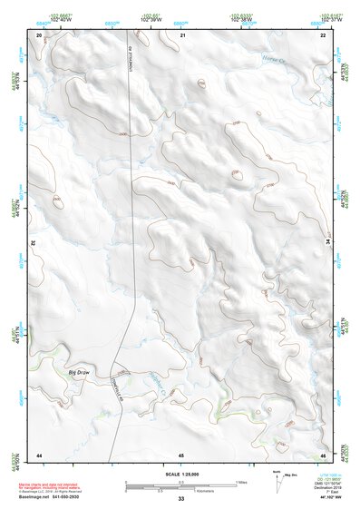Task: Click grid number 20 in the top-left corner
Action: click(39, 34)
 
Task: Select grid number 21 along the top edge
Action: click(182, 34)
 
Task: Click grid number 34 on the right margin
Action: click(327, 243)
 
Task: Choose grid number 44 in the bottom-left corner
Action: click(39, 453)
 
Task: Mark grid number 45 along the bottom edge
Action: click(181, 453)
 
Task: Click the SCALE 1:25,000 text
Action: click(180, 474)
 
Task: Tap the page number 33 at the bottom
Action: click(180, 499)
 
